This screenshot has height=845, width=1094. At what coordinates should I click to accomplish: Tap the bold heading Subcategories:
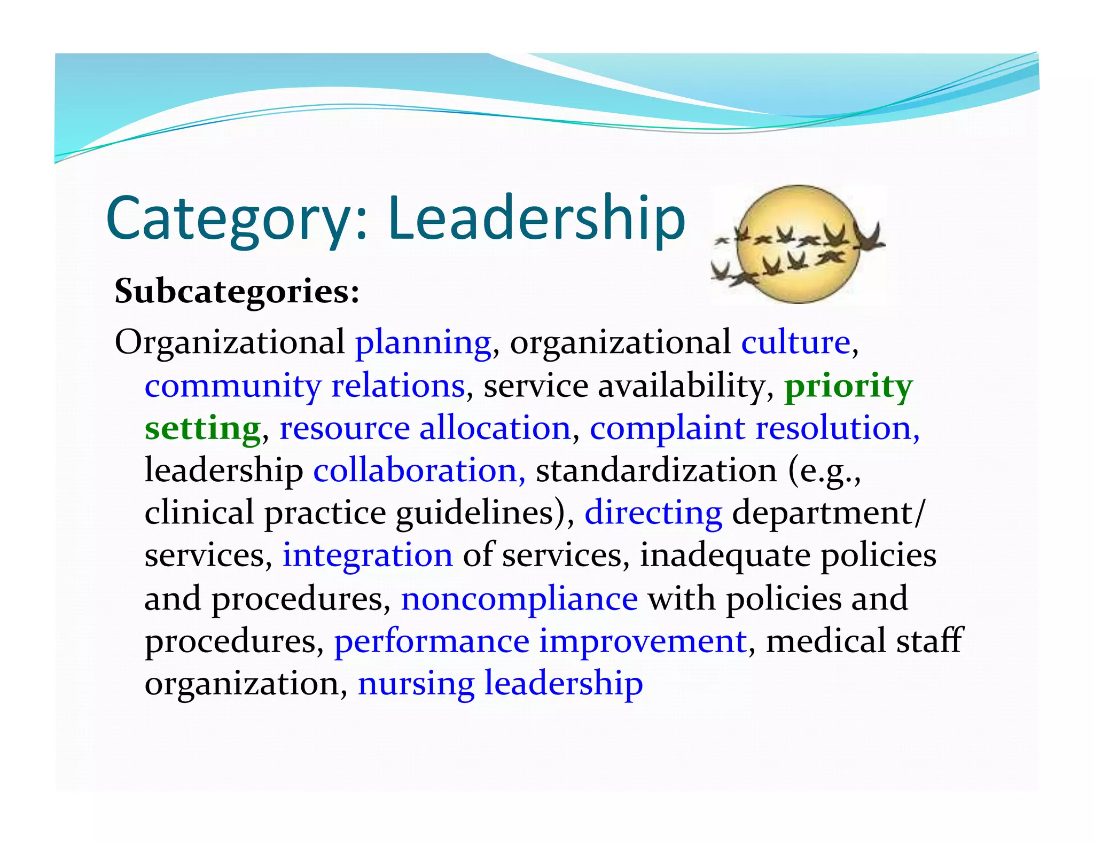coord(237,292)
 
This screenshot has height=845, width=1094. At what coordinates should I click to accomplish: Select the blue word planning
coord(423,343)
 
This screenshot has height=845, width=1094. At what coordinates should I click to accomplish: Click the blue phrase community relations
coord(304,385)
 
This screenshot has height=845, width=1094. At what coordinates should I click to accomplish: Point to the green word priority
coord(848,386)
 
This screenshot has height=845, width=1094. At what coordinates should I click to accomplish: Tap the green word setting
coord(202,428)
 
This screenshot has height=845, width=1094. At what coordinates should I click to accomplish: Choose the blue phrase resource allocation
coord(425,428)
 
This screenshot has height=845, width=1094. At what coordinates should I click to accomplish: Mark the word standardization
coord(657,471)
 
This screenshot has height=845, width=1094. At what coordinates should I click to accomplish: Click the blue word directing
coord(653,513)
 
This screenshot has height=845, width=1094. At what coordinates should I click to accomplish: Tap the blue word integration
coord(368,555)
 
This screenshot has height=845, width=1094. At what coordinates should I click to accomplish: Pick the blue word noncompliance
coord(519,598)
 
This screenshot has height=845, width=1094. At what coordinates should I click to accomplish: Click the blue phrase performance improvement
coord(540,641)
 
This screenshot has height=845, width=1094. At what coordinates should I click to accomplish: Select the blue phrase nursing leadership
coord(500,683)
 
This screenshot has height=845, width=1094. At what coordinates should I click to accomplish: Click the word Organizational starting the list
coord(230,343)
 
